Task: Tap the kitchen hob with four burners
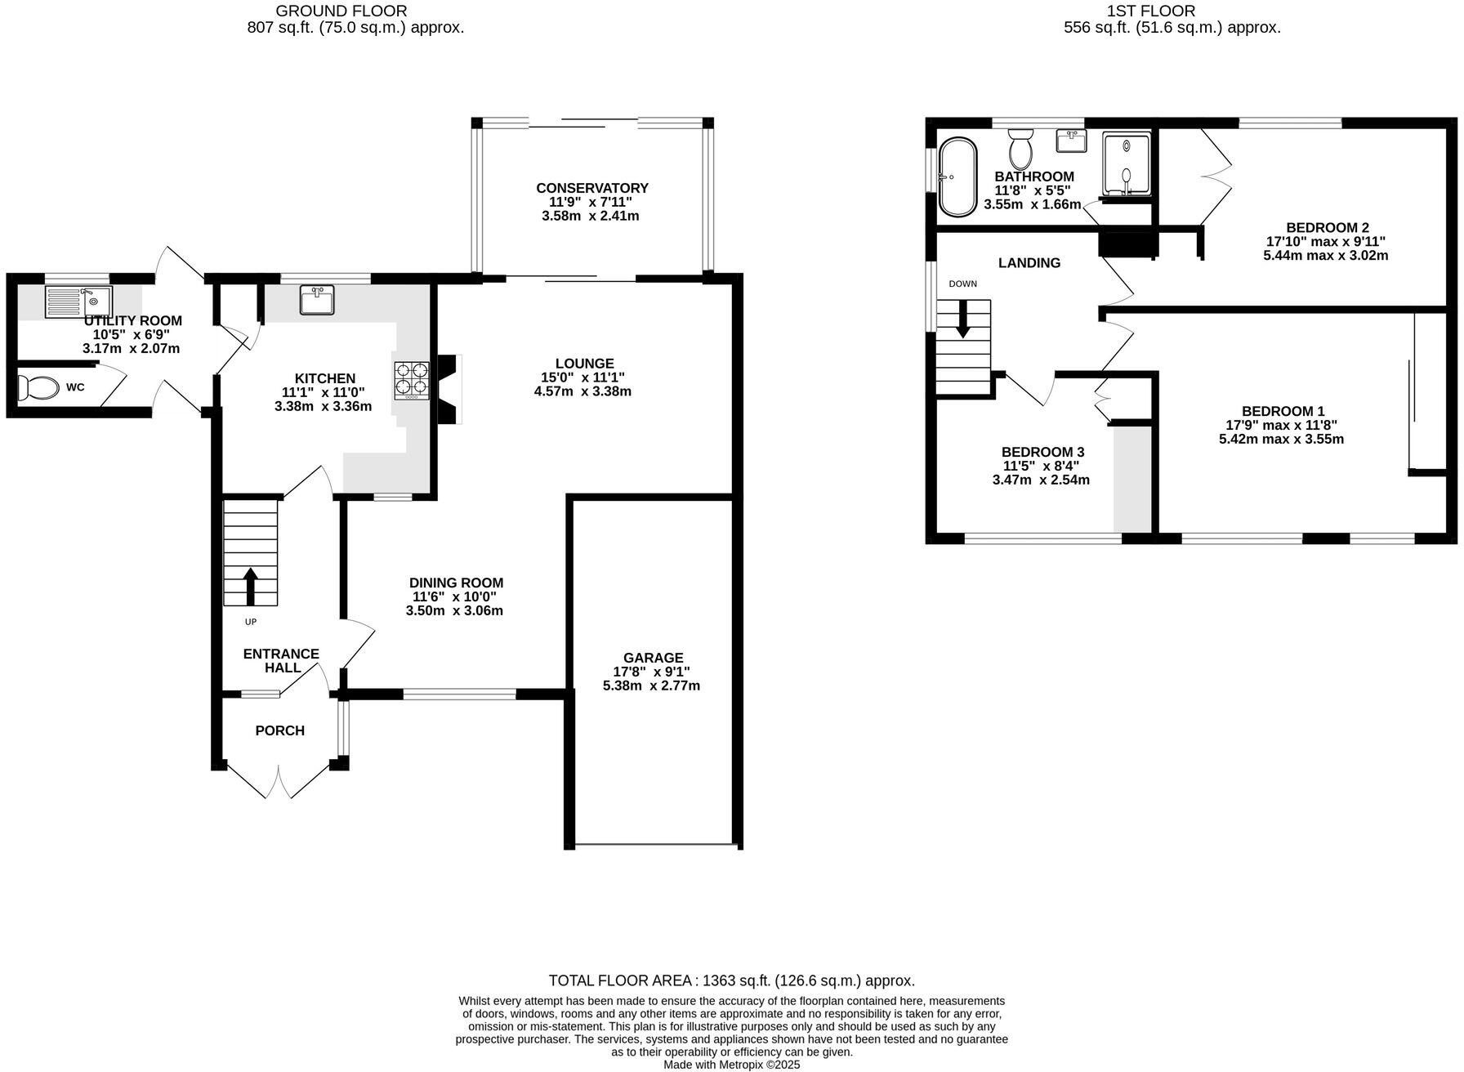(x=412, y=379)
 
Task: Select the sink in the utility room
(x=78, y=301)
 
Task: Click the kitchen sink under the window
(x=316, y=300)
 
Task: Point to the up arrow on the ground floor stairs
(x=251, y=585)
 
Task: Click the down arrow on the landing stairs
(x=963, y=319)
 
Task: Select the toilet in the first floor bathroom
(x=1020, y=148)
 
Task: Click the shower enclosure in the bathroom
(x=1126, y=164)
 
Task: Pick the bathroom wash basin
(x=1071, y=141)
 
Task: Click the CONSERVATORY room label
(x=591, y=188)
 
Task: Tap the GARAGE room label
(x=652, y=658)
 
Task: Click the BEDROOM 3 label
(x=1042, y=452)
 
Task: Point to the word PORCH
(x=279, y=730)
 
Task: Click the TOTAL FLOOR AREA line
(x=731, y=980)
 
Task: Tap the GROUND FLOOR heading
(x=341, y=11)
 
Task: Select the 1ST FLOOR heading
(x=1150, y=11)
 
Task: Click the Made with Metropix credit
(x=731, y=1065)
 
